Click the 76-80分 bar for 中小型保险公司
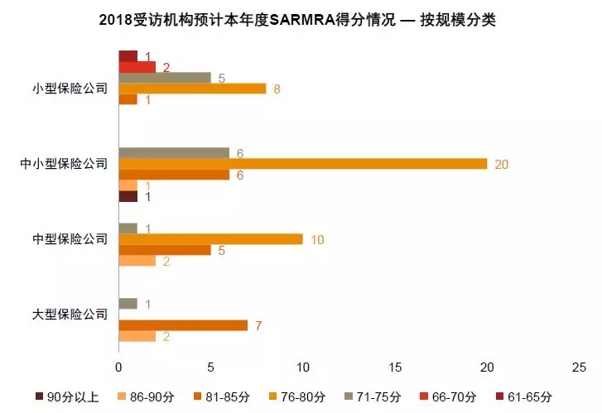pos(303,164)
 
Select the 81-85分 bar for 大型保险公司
pos(183,325)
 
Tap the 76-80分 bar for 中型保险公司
pos(211,239)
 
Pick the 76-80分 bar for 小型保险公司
pos(192,89)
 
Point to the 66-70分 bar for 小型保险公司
pos(137,67)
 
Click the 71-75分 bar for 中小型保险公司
pos(174,153)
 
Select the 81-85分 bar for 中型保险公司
pos(165,250)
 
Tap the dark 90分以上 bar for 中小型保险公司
pos(128,196)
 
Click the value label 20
pos(501,164)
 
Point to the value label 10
pos(317,239)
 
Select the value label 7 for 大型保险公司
pos(258,325)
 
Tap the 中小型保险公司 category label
pos(65,164)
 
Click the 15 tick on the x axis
pos(395,367)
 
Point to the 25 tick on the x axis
pos(579,367)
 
